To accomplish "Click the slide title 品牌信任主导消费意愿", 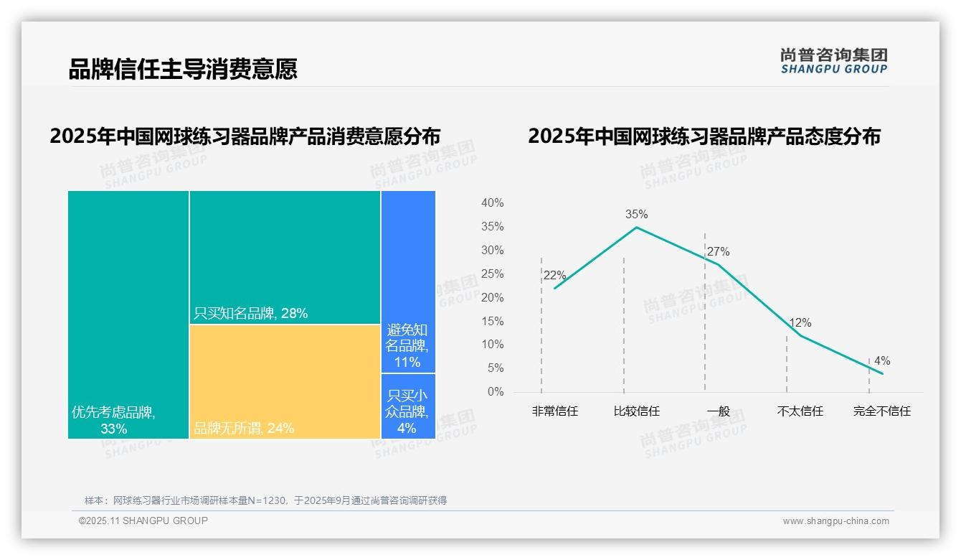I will [x=183, y=69].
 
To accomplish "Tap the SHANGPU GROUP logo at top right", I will [x=833, y=61].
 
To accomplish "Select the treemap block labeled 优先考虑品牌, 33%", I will [x=128, y=314].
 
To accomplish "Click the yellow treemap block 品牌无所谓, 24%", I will [x=285, y=381].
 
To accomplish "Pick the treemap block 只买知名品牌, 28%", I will [x=285, y=257].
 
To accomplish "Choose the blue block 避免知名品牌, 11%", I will [x=408, y=281].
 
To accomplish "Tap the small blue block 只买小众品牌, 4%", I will [x=408, y=406].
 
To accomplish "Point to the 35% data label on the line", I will [x=636, y=214].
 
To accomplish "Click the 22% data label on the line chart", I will [x=554, y=276].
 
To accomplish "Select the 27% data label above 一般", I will [x=718, y=252].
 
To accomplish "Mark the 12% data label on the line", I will [x=800, y=323].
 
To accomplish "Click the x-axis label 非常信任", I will [x=554, y=411].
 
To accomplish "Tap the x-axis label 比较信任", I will [x=636, y=411].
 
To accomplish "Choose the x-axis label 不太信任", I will [x=800, y=411].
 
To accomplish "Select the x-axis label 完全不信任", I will [x=881, y=411].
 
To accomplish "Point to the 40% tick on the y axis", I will [x=492, y=203].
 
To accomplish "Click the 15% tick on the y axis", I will [x=492, y=321].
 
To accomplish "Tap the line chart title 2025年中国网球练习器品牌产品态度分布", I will [x=704, y=136].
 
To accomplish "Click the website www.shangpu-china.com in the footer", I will [x=835, y=521].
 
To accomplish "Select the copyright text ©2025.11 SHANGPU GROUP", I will [x=143, y=521].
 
